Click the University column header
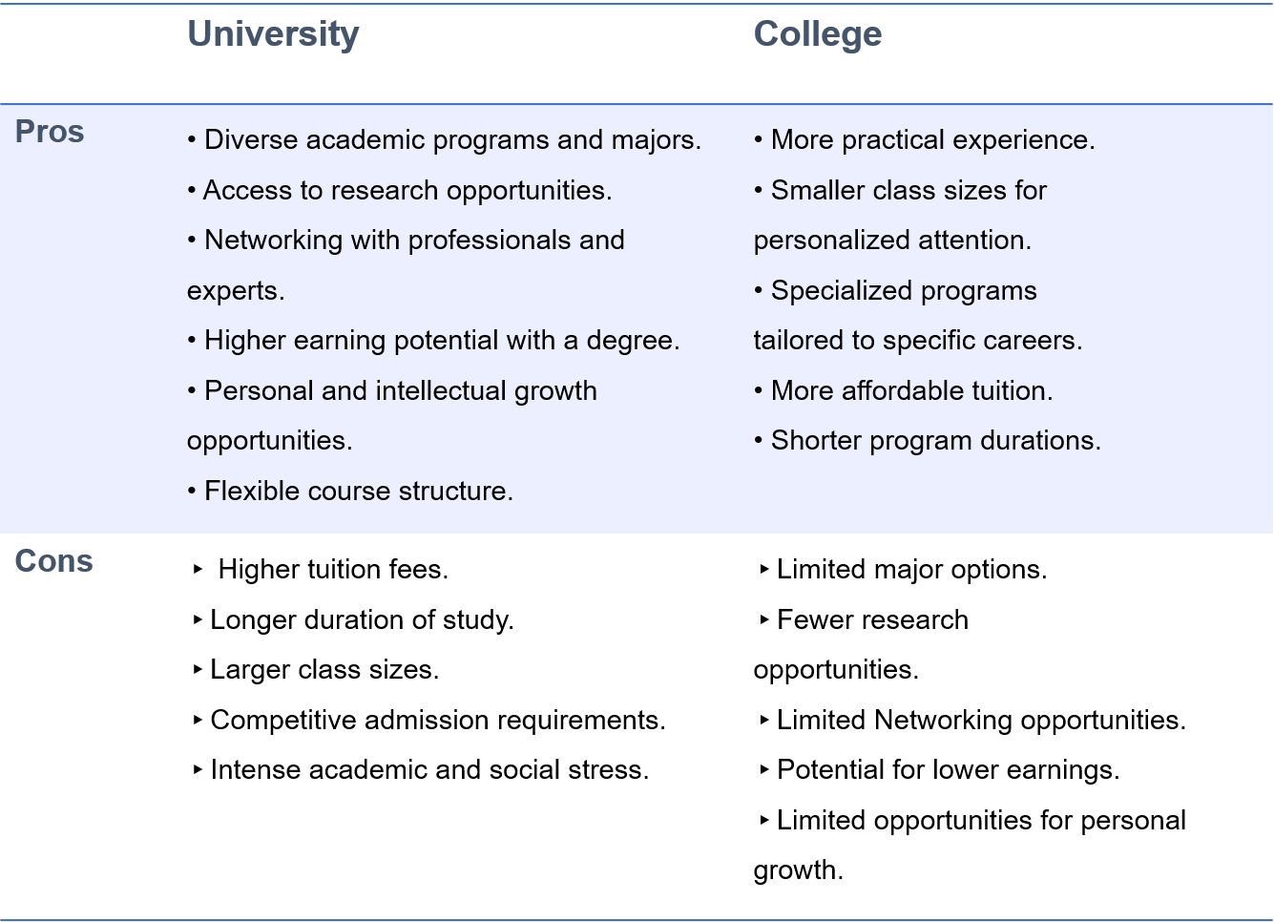[x=273, y=34]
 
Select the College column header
[x=817, y=34]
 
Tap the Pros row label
[x=50, y=132]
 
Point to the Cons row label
[x=53, y=561]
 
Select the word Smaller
[x=817, y=191]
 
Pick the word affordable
[x=903, y=391]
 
